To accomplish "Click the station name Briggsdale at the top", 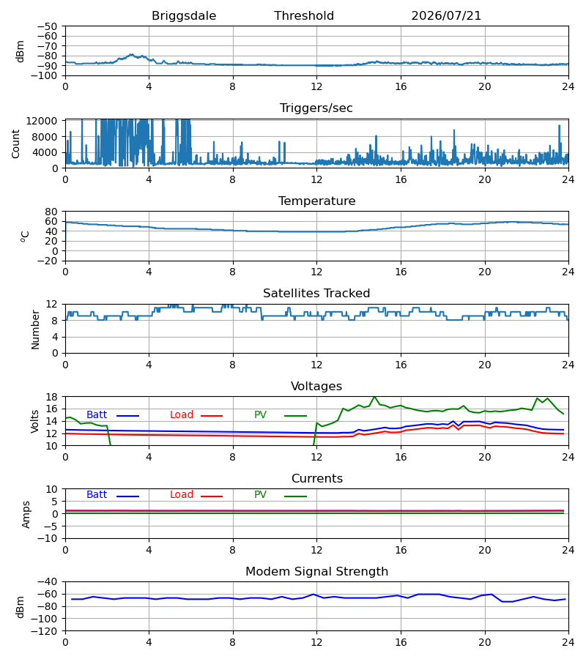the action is click(184, 16).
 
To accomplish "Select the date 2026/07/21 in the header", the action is click(446, 16).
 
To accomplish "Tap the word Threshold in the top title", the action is click(304, 16).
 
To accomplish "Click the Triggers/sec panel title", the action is click(316, 108).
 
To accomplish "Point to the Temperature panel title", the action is click(316, 201).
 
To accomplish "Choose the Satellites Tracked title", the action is click(316, 294).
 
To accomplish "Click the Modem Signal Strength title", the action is click(316, 572).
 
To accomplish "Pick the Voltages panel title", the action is click(316, 386).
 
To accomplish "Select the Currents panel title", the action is click(317, 479).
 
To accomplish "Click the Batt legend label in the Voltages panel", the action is click(97, 415).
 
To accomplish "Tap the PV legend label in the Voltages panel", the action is click(260, 415).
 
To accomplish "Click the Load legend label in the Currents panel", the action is click(182, 495).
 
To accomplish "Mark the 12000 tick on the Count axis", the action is click(42, 121).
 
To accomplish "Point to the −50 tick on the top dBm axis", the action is click(47, 26).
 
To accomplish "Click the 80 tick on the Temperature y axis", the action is click(51, 212).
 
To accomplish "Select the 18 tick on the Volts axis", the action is click(51, 397).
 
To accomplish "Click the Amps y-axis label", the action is click(26, 515).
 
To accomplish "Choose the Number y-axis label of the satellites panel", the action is click(35, 330).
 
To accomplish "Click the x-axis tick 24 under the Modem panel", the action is click(568, 643).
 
